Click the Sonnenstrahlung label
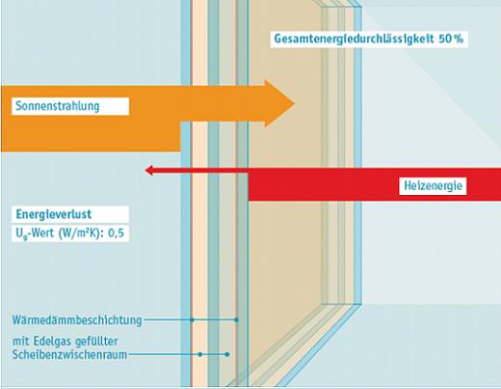58,106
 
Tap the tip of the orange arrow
295,103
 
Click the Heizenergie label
433,185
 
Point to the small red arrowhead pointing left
148,170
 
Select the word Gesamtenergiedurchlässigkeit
354,39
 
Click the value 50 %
451,39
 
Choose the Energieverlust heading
54,214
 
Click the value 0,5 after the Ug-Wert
116,233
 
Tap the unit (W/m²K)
80,233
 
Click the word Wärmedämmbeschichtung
77,320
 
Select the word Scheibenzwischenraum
69,354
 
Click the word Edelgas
52,341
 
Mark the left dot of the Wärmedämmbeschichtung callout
192,320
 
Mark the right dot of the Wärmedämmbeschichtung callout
237,320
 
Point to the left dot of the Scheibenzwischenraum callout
200,354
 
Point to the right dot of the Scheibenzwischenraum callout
227,354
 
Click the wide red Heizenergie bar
375,184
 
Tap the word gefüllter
96,341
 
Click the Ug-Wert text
35,234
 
